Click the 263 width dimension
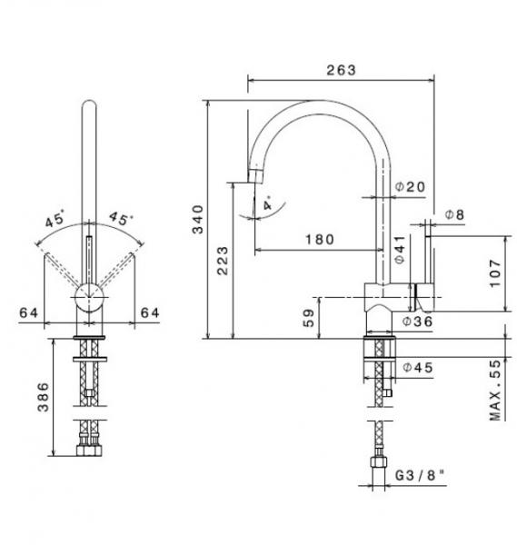click(341, 70)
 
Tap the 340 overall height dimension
click(198, 220)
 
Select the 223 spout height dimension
click(223, 261)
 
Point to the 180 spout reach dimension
click(320, 240)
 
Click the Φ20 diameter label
click(411, 187)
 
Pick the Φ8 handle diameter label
click(455, 214)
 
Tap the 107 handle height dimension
click(495, 273)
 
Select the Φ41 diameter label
click(400, 249)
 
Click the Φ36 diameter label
click(417, 322)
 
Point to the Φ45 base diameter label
click(418, 367)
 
